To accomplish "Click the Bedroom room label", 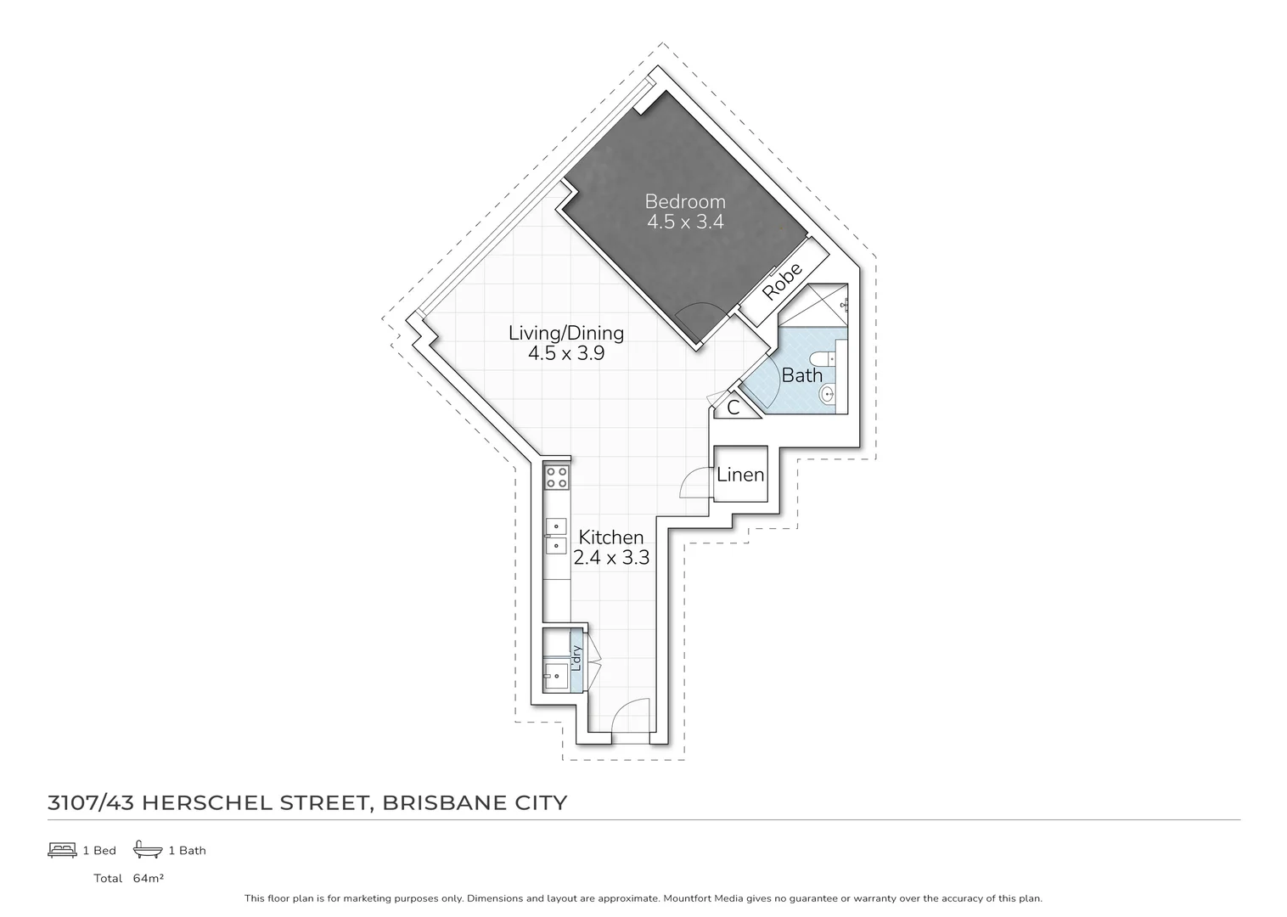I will pos(684,201).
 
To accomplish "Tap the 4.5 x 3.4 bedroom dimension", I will pos(684,222).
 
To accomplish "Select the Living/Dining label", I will pos(565,333).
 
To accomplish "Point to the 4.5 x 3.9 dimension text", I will pos(565,353).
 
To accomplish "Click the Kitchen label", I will pos(610,537).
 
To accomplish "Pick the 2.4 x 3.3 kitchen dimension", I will pos(610,558).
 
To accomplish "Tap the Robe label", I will pos(782,281).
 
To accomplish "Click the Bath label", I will pos(801,374).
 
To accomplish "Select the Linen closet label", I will pos(740,475).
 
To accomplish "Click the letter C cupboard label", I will pos(733,408).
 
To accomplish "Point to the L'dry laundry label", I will pos(576,658).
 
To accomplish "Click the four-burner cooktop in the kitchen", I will pos(557,477).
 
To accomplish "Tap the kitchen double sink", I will pos(555,536).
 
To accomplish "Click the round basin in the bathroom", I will pos(829,393).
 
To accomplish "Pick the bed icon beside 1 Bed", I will pos(62,850).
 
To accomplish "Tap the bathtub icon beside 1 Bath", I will pos(148,850).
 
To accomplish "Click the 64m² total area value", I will pos(148,878).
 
